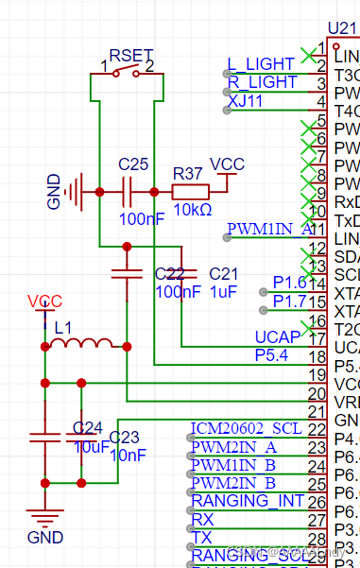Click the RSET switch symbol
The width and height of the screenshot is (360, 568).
point(127,73)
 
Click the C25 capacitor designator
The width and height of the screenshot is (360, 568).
point(133,164)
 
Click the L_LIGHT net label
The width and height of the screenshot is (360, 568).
point(261,64)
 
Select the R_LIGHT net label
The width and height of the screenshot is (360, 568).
point(262,83)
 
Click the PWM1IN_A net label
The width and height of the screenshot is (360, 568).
point(269,229)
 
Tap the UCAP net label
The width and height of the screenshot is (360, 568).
point(278,336)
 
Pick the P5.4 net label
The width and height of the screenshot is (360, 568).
point(272,354)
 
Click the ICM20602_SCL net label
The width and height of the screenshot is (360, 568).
point(246,427)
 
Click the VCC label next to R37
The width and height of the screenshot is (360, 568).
point(227,164)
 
